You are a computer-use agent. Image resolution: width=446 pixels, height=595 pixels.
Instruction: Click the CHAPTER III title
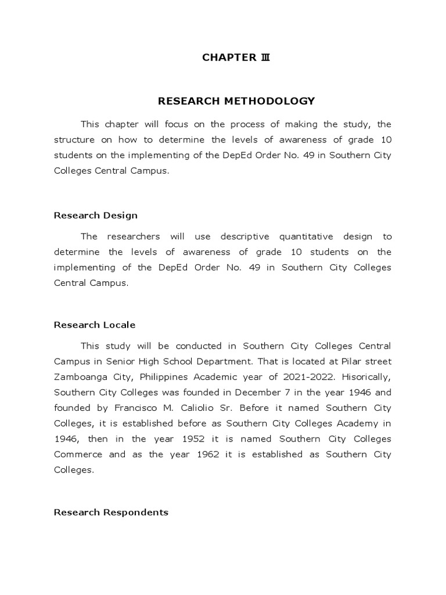coord(236,57)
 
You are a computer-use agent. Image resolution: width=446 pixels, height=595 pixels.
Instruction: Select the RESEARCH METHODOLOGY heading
coord(236,101)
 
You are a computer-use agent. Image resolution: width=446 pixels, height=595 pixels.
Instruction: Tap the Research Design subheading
coord(96,215)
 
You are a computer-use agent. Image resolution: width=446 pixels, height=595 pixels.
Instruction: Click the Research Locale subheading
coord(95,325)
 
